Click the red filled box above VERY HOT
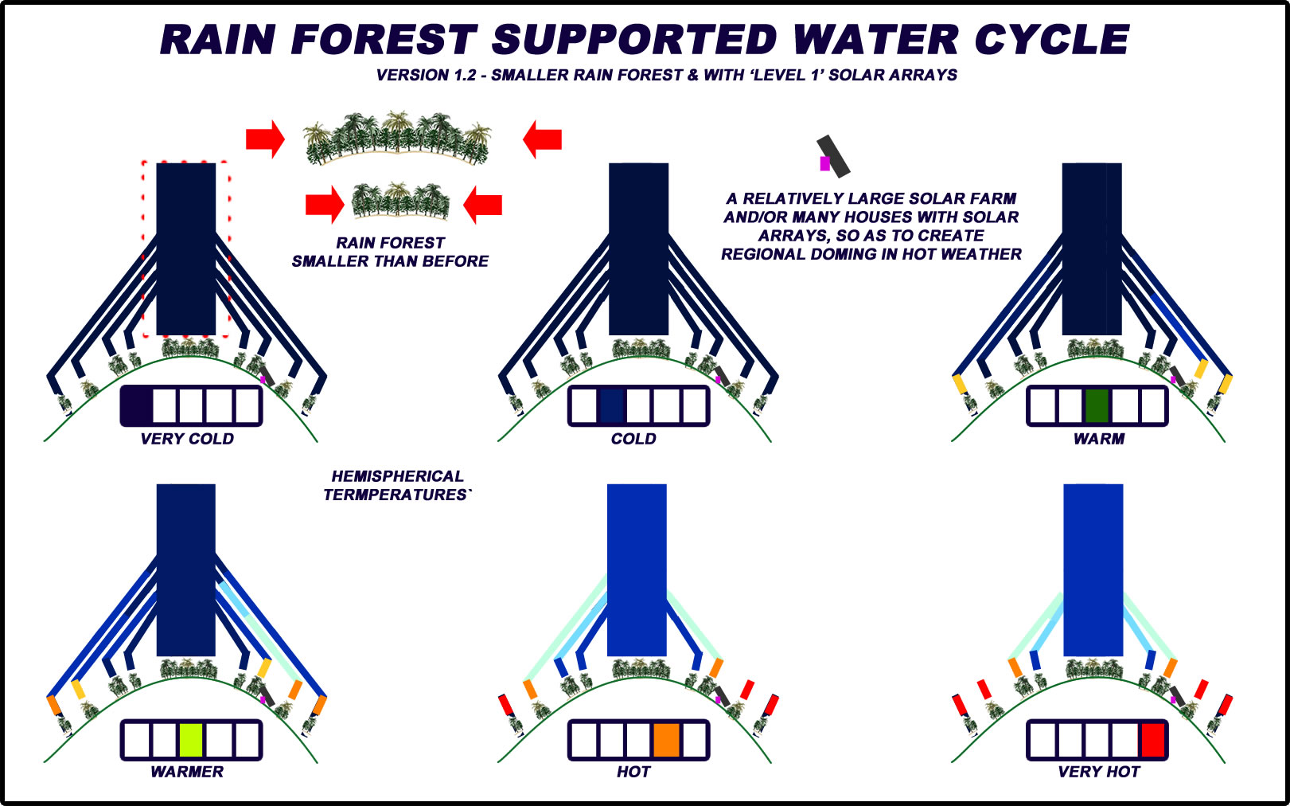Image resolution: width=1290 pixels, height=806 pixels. point(1152,740)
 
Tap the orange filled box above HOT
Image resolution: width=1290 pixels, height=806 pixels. point(666,740)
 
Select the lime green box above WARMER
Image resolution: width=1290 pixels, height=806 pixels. point(191,740)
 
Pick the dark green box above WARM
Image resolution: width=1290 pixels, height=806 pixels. point(1097,406)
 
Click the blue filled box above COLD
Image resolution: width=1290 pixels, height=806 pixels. point(611,406)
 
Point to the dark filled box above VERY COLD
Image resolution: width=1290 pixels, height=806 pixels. point(137,405)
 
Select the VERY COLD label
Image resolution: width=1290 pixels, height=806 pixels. point(187,439)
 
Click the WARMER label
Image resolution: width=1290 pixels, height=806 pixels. point(187,772)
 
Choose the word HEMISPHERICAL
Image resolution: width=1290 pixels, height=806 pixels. point(397,476)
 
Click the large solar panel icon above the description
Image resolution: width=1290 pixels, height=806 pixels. point(833,155)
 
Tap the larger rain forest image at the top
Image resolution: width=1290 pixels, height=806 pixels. point(397,138)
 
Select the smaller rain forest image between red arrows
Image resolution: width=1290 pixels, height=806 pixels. point(400,201)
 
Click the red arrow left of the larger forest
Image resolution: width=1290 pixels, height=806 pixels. point(265,139)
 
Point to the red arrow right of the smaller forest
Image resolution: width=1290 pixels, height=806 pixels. point(483,205)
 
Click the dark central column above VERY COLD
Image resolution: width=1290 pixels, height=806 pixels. point(186,248)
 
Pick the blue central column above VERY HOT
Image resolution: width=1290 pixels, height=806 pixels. point(1093,569)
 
